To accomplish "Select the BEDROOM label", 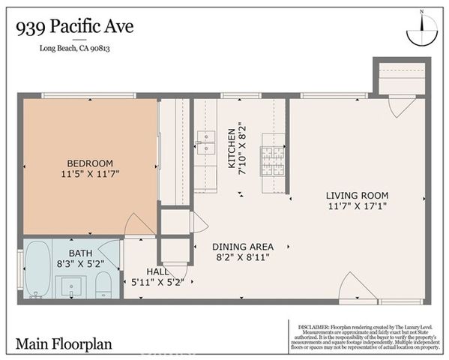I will coord(89,163).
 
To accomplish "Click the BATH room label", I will coord(80,253).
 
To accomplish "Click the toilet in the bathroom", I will coord(104,284).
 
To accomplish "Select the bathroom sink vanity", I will coord(72,286).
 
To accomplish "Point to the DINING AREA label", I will coord(242,246).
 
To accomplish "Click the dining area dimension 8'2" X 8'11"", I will coord(242,257).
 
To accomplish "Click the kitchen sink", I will coord(205,143).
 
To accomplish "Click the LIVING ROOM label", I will coord(357,196).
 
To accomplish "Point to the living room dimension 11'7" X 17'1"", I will coord(357,205).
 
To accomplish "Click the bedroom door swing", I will coord(139,223).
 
